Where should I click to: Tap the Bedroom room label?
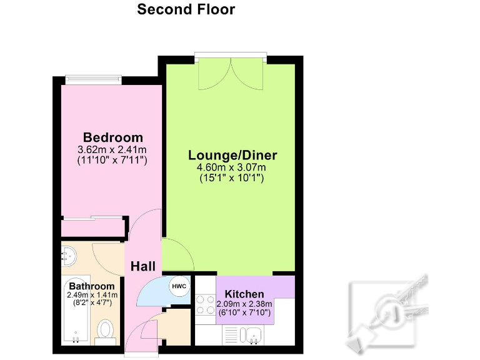[113, 137]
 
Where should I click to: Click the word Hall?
[142, 267]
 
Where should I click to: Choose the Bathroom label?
[92, 286]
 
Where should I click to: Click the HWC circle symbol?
[179, 287]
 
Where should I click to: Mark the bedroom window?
[94, 79]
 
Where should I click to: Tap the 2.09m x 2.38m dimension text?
[244, 304]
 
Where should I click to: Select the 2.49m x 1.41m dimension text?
[92, 296]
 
